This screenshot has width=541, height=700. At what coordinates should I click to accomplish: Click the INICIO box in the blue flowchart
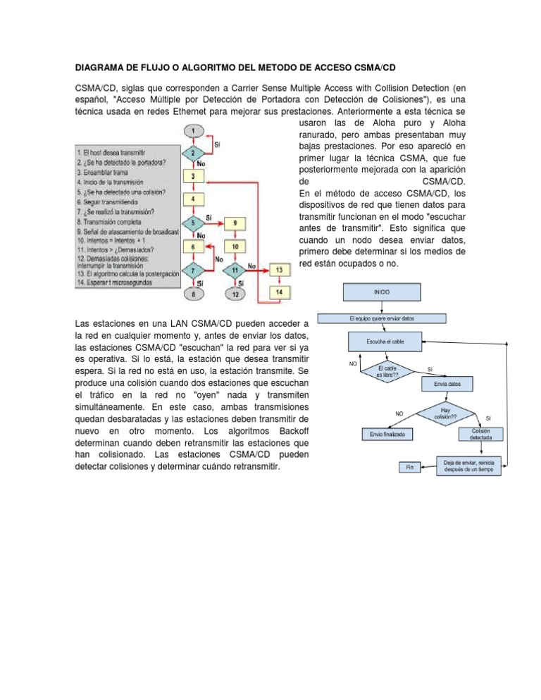(x=380, y=292)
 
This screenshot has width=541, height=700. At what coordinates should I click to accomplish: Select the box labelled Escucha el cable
(x=380, y=342)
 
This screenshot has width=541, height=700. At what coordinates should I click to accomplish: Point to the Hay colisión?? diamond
(x=446, y=413)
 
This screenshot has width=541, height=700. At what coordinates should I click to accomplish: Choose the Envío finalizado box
(x=387, y=435)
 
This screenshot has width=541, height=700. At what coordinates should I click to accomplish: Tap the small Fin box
(x=409, y=467)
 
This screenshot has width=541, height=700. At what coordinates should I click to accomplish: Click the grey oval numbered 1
(x=193, y=130)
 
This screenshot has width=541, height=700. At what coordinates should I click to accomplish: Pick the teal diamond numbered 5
(x=193, y=223)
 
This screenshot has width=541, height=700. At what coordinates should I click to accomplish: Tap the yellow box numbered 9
(x=235, y=223)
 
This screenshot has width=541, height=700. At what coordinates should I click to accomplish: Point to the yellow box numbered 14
(x=280, y=292)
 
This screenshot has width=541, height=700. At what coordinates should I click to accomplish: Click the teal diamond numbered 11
(x=235, y=270)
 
